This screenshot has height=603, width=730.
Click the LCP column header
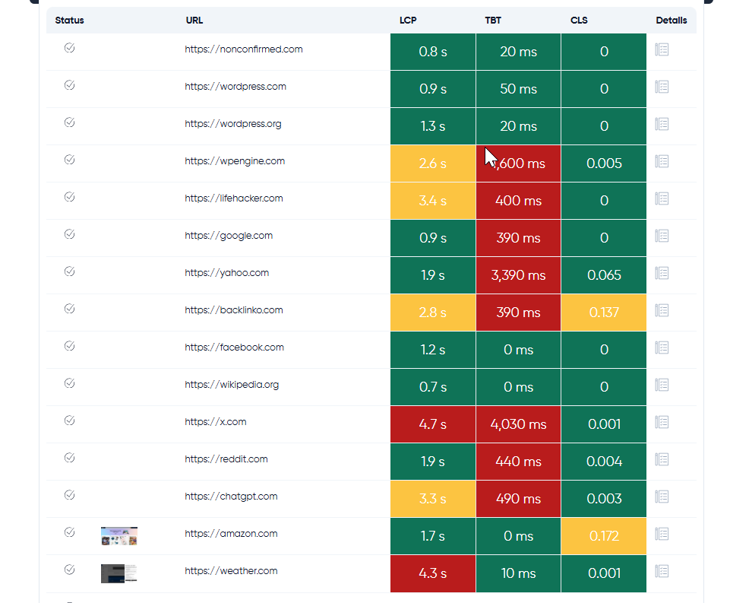pyautogui.click(x=408, y=21)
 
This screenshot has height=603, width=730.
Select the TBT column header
pyautogui.click(x=493, y=21)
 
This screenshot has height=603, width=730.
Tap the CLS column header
pyautogui.click(x=579, y=21)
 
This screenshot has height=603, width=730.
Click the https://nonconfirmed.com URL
pyautogui.click(x=243, y=49)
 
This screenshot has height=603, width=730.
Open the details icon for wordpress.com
pyautogui.click(x=662, y=87)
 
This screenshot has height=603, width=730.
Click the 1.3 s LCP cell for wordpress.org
pyautogui.click(x=433, y=126)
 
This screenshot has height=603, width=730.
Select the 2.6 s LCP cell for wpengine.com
pyautogui.click(x=433, y=163)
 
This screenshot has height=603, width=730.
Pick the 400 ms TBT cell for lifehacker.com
pyautogui.click(x=518, y=201)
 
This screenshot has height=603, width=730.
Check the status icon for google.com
pyautogui.click(x=69, y=234)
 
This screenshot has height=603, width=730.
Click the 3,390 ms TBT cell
pyautogui.click(x=518, y=275)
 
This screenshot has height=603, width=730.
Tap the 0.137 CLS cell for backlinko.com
pyautogui.click(x=604, y=313)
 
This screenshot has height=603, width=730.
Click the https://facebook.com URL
pyautogui.click(x=234, y=348)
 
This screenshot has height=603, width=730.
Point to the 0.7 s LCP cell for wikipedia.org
pyautogui.click(x=433, y=387)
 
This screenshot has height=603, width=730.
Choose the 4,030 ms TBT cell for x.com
pyautogui.click(x=518, y=424)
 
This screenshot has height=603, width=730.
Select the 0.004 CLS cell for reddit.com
pyautogui.click(x=604, y=462)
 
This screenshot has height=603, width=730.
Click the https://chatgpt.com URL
pyautogui.click(x=231, y=497)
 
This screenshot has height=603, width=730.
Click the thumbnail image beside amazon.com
pyautogui.click(x=119, y=536)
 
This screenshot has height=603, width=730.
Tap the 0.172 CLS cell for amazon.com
pyautogui.click(x=604, y=536)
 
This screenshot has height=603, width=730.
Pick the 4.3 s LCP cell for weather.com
pyautogui.click(x=433, y=573)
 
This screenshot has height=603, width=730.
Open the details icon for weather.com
pyautogui.click(x=662, y=571)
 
